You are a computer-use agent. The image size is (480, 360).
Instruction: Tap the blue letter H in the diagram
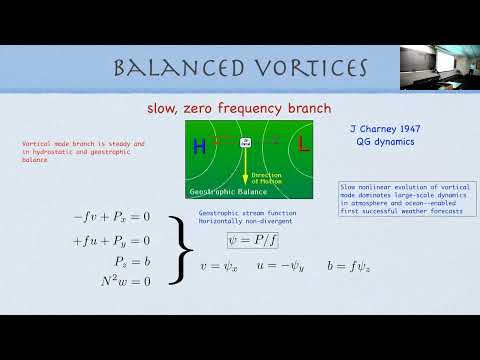pyautogui.click(x=199, y=147)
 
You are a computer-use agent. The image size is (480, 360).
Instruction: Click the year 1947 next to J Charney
pyautogui.click(x=397, y=130)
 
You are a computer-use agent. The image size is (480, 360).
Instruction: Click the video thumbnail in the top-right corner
pyautogui.click(x=437, y=67)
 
